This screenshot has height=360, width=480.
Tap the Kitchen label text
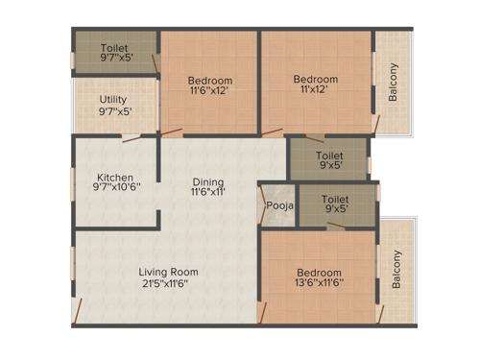pyautogui.click(x=115, y=177)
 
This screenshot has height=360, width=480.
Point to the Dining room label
pyautogui.click(x=207, y=180)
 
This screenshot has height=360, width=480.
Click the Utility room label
pyautogui.click(x=115, y=99)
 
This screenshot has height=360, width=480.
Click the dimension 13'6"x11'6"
pyautogui.click(x=319, y=284)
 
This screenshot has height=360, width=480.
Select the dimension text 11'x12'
pyautogui.click(x=315, y=91)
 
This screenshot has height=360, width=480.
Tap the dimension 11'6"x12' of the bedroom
pyautogui.click(x=208, y=91)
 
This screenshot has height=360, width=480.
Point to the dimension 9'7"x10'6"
pyautogui.click(x=115, y=188)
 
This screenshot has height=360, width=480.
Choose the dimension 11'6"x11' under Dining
pyautogui.click(x=207, y=192)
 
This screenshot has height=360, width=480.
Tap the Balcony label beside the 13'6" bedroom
pyautogui.click(x=396, y=269)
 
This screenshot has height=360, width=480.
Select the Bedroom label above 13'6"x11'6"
pyautogui.click(x=319, y=273)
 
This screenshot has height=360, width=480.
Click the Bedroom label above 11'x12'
pyautogui.click(x=315, y=80)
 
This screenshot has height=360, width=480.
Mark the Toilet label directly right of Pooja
pyautogui.click(x=335, y=199)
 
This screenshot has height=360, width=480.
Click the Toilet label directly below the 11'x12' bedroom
pyautogui.click(x=330, y=154)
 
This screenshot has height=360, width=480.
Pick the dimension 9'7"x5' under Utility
pyautogui.click(x=115, y=110)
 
